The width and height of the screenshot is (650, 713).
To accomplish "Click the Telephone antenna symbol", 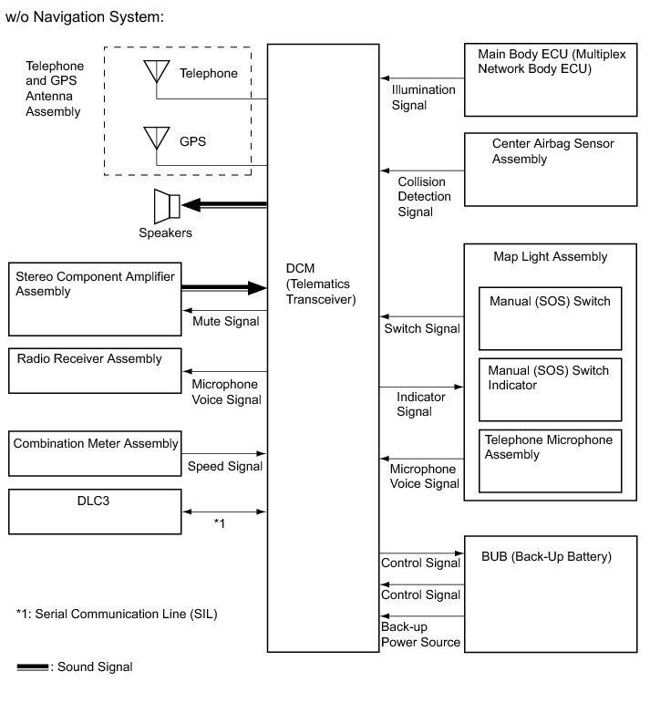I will (156, 73).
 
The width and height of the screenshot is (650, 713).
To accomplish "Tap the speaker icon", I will (169, 205).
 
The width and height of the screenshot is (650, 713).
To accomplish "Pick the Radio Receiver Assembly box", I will (95, 370).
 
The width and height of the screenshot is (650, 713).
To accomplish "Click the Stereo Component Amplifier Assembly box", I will (95, 299).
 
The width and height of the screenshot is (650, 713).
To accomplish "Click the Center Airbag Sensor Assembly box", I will (550, 169).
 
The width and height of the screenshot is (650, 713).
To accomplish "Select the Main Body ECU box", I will (550, 79).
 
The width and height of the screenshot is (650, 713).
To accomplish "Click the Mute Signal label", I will (225, 321).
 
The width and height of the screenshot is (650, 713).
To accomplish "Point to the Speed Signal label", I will (224, 467).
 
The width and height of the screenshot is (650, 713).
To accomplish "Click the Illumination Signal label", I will (422, 98).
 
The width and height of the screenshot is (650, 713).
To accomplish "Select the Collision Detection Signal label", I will (424, 196).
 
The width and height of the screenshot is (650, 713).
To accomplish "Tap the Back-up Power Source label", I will (420, 635).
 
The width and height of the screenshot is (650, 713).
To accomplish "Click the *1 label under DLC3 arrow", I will (219, 523).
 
